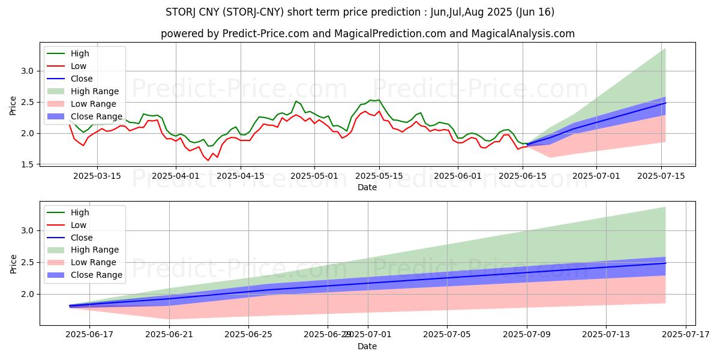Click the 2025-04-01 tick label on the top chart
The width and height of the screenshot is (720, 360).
pyautogui.click(x=176, y=176)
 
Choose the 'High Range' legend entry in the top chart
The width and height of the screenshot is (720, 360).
pyautogui.click(x=94, y=91)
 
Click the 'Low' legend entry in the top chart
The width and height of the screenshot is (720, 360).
pyautogui.click(x=79, y=66)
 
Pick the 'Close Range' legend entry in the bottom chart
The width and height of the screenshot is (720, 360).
pyautogui.click(x=97, y=275)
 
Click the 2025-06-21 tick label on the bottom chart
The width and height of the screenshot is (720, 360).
pyautogui.click(x=169, y=335)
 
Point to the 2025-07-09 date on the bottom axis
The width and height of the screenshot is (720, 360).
pyautogui.click(x=527, y=335)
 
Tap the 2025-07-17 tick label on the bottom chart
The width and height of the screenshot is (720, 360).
pyautogui.click(x=686, y=335)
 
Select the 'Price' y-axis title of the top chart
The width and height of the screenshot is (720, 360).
pyautogui.click(x=14, y=106)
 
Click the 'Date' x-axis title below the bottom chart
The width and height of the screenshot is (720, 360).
pyautogui.click(x=367, y=346)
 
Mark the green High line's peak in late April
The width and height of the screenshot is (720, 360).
pyautogui.click(x=296, y=101)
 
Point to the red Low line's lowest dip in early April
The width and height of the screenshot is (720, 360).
pyautogui.click(x=208, y=160)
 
